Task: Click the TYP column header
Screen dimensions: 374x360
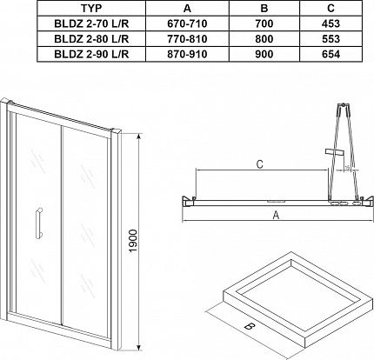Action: [91, 9]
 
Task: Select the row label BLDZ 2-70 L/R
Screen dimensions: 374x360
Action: [91, 23]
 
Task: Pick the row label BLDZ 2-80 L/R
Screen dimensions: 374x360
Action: [91, 39]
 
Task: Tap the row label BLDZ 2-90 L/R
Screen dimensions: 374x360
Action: [91, 54]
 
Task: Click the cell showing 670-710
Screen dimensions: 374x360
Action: [187, 23]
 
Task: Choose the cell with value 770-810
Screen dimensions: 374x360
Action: [187, 39]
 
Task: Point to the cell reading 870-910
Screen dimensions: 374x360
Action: [187, 54]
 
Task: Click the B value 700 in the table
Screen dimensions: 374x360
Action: [264, 23]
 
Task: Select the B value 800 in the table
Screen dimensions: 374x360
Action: [264, 39]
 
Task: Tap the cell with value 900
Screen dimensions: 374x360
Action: [264, 54]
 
